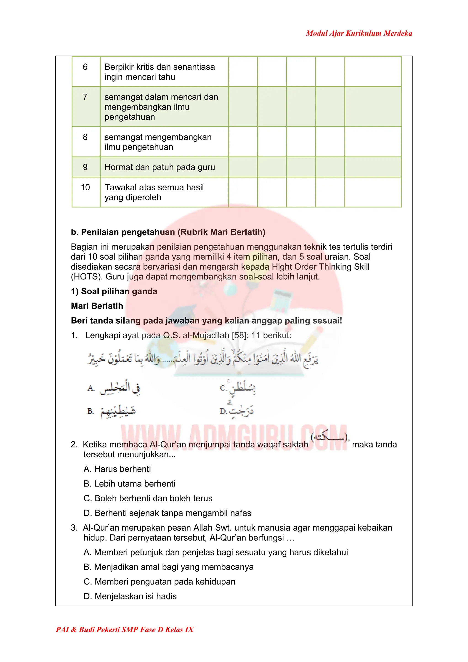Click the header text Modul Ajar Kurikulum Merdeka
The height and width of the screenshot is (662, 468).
pyautogui.click(x=359, y=33)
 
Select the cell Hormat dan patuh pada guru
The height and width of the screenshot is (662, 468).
pyautogui.click(x=160, y=167)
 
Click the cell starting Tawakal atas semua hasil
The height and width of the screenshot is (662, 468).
pyautogui.click(x=154, y=192)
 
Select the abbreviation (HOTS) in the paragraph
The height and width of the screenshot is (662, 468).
pyautogui.click(x=87, y=277)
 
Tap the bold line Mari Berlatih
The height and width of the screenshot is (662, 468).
pyautogui.click(x=97, y=306)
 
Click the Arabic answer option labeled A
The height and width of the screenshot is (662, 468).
pyautogui.click(x=120, y=388)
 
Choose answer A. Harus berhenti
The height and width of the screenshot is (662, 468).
pyautogui.click(x=117, y=469)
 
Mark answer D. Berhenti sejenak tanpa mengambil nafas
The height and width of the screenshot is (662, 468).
pyautogui.click(x=167, y=513)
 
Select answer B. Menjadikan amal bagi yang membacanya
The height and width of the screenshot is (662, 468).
pyautogui.click(x=168, y=567)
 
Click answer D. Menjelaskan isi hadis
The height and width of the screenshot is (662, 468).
pyautogui.click(x=130, y=596)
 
